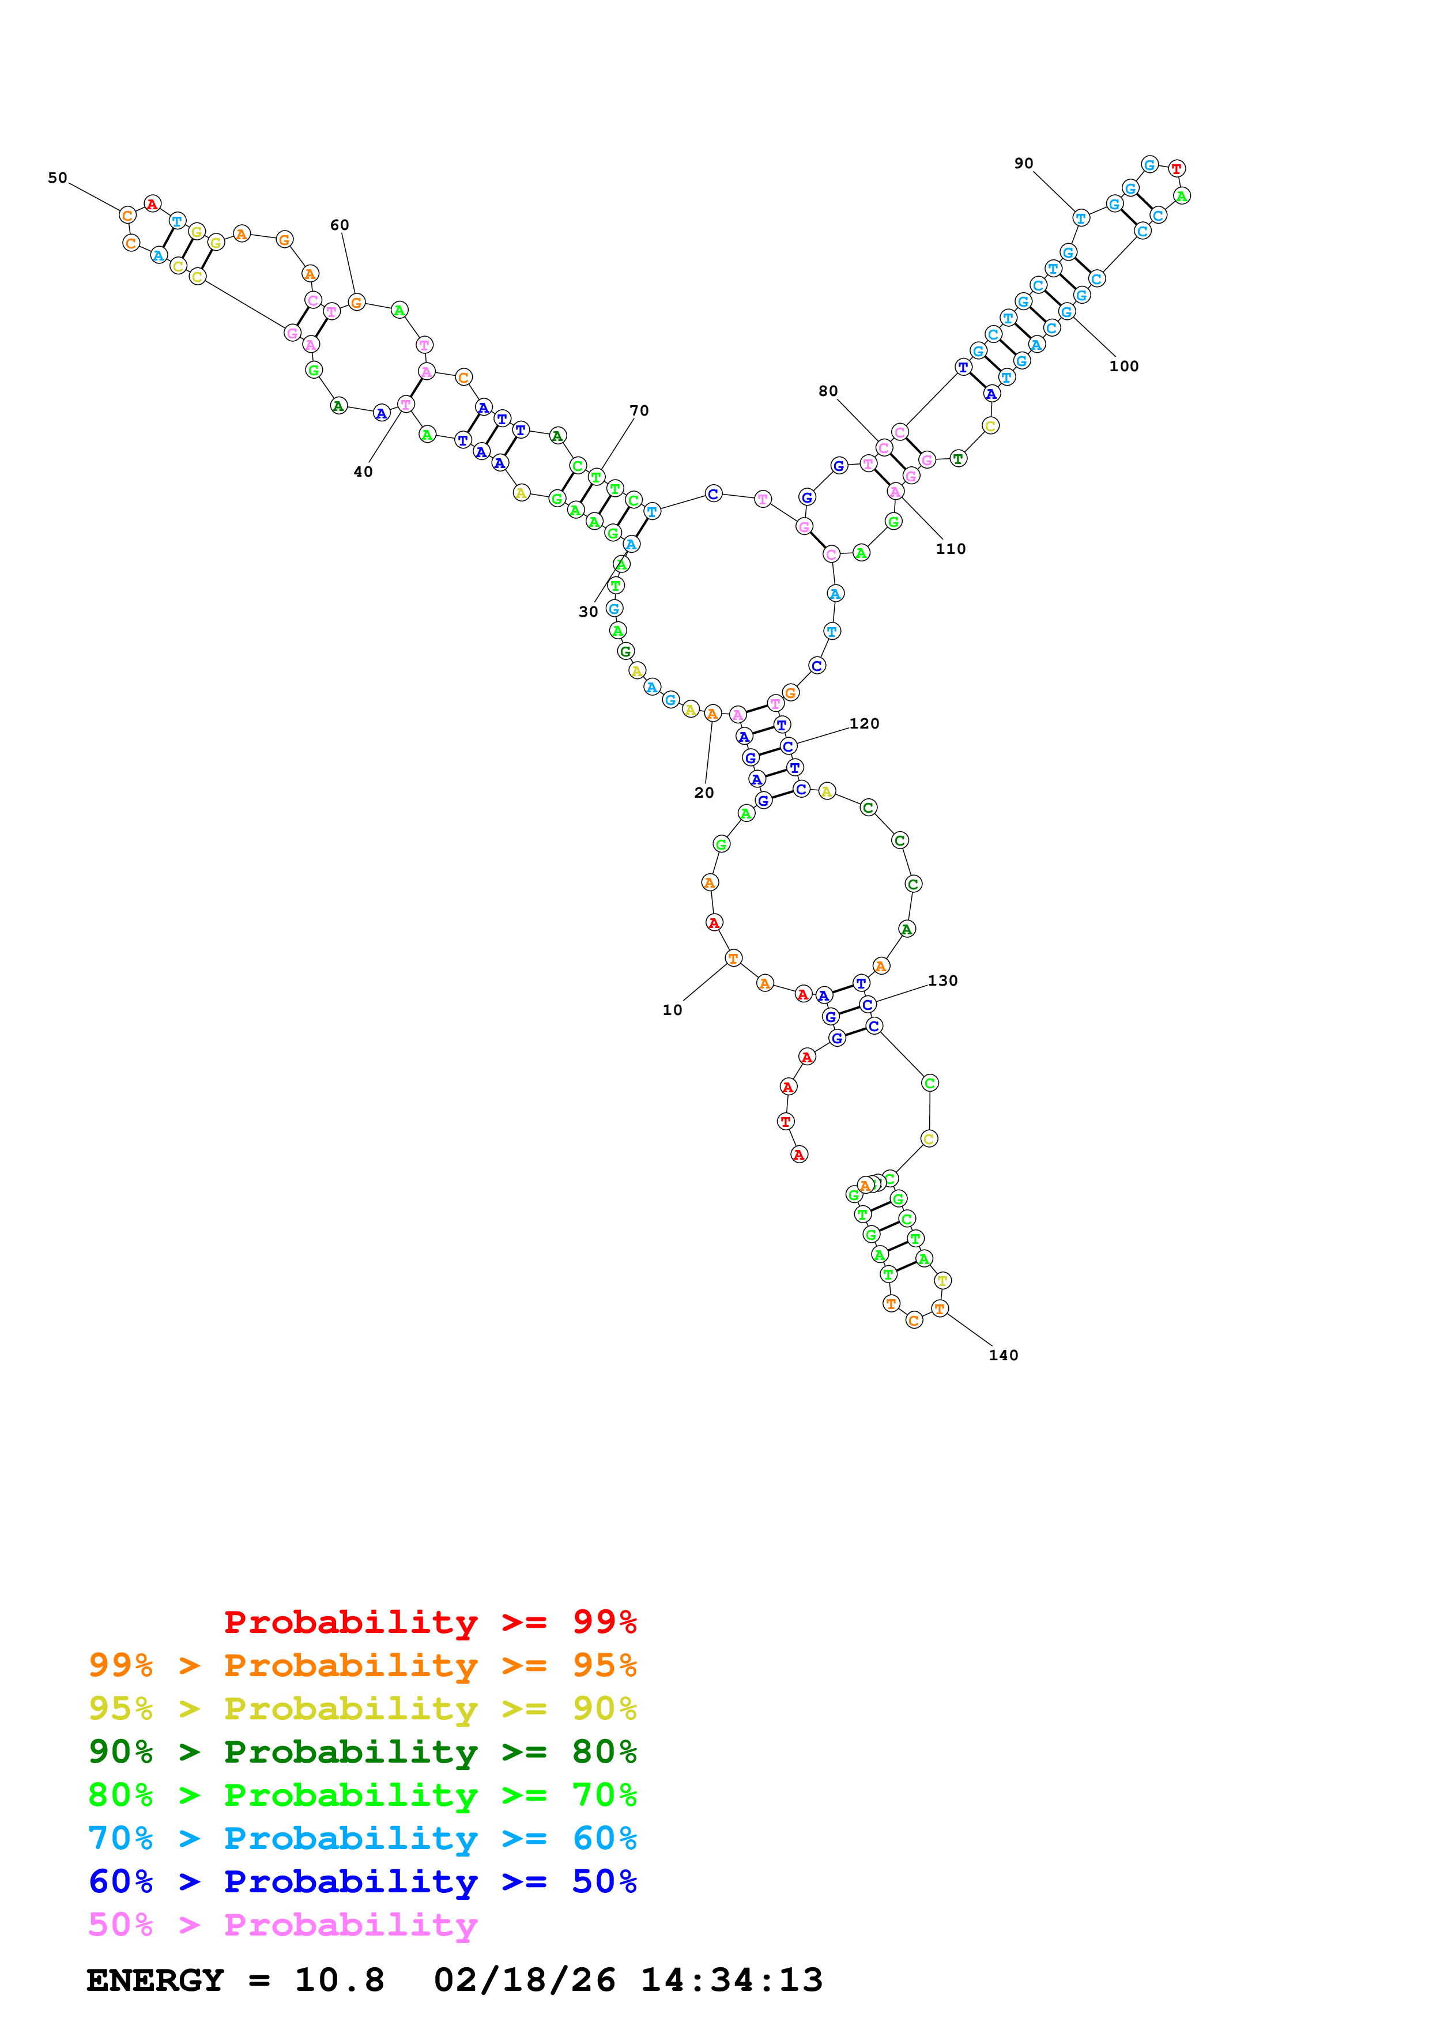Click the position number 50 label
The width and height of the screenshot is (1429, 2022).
click(57, 178)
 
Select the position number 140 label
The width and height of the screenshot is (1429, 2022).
click(1003, 1355)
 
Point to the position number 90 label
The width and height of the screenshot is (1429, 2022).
click(1023, 164)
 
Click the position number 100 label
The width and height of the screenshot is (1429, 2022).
click(1123, 367)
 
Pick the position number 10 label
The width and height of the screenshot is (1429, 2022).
click(672, 1010)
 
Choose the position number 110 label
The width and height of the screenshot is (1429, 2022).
click(950, 549)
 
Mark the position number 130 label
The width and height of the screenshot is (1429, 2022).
click(942, 981)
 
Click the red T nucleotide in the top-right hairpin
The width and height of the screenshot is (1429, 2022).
click(1177, 168)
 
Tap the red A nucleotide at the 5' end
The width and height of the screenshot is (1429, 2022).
click(798, 1155)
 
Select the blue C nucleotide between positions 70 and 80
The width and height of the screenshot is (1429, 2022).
click(713, 494)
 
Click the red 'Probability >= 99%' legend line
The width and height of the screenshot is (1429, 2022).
click(429, 1621)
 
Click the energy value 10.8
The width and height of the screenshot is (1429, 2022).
click(339, 1980)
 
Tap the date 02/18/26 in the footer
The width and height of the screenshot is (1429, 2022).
click(524, 1980)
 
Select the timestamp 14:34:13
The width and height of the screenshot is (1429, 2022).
click(731, 1980)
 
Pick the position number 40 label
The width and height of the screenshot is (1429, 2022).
click(363, 472)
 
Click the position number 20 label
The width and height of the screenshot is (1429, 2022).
click(703, 793)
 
